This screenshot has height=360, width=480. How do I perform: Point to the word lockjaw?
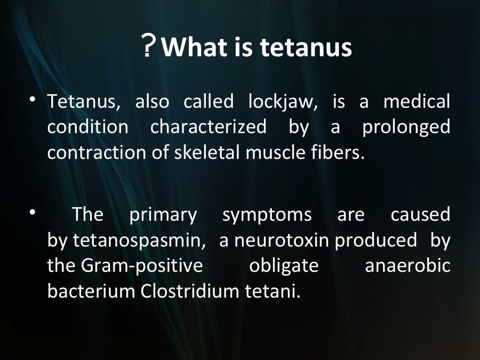283,102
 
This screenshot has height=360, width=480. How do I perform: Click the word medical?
417,102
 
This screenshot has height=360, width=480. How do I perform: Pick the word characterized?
208,127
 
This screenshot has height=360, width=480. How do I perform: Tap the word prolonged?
406,127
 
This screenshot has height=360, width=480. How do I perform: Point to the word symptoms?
267,215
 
